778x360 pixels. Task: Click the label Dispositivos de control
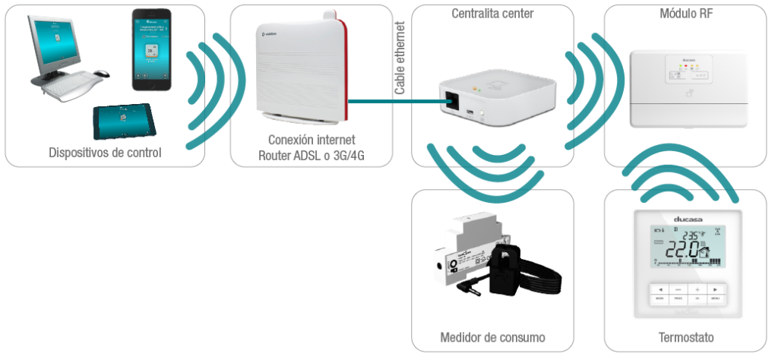click(105, 153)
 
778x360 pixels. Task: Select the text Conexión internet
click(312, 140)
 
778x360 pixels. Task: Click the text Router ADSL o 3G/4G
click(312, 156)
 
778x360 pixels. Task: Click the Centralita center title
click(492, 14)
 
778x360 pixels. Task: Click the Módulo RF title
click(685, 14)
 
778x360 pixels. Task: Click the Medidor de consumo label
click(492, 337)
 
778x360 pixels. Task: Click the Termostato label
click(685, 337)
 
